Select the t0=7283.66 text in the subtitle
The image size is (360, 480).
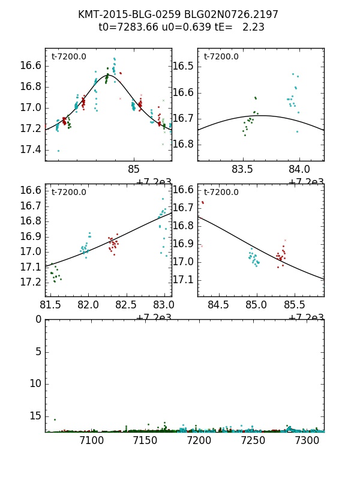coord(126,27)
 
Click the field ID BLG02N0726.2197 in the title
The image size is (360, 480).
coord(227,14)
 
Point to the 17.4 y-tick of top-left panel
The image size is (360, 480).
coord(30,149)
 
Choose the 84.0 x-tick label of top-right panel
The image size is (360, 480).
coord(299,169)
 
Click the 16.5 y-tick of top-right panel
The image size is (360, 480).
coord(182,66)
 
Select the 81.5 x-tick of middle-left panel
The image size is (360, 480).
coord(52,305)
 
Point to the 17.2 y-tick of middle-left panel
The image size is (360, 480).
coord(30,282)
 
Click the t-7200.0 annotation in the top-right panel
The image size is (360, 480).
coord(221,57)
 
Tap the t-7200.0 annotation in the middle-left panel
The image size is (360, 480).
coord(68,193)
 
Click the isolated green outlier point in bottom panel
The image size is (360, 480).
coord(55,419)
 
